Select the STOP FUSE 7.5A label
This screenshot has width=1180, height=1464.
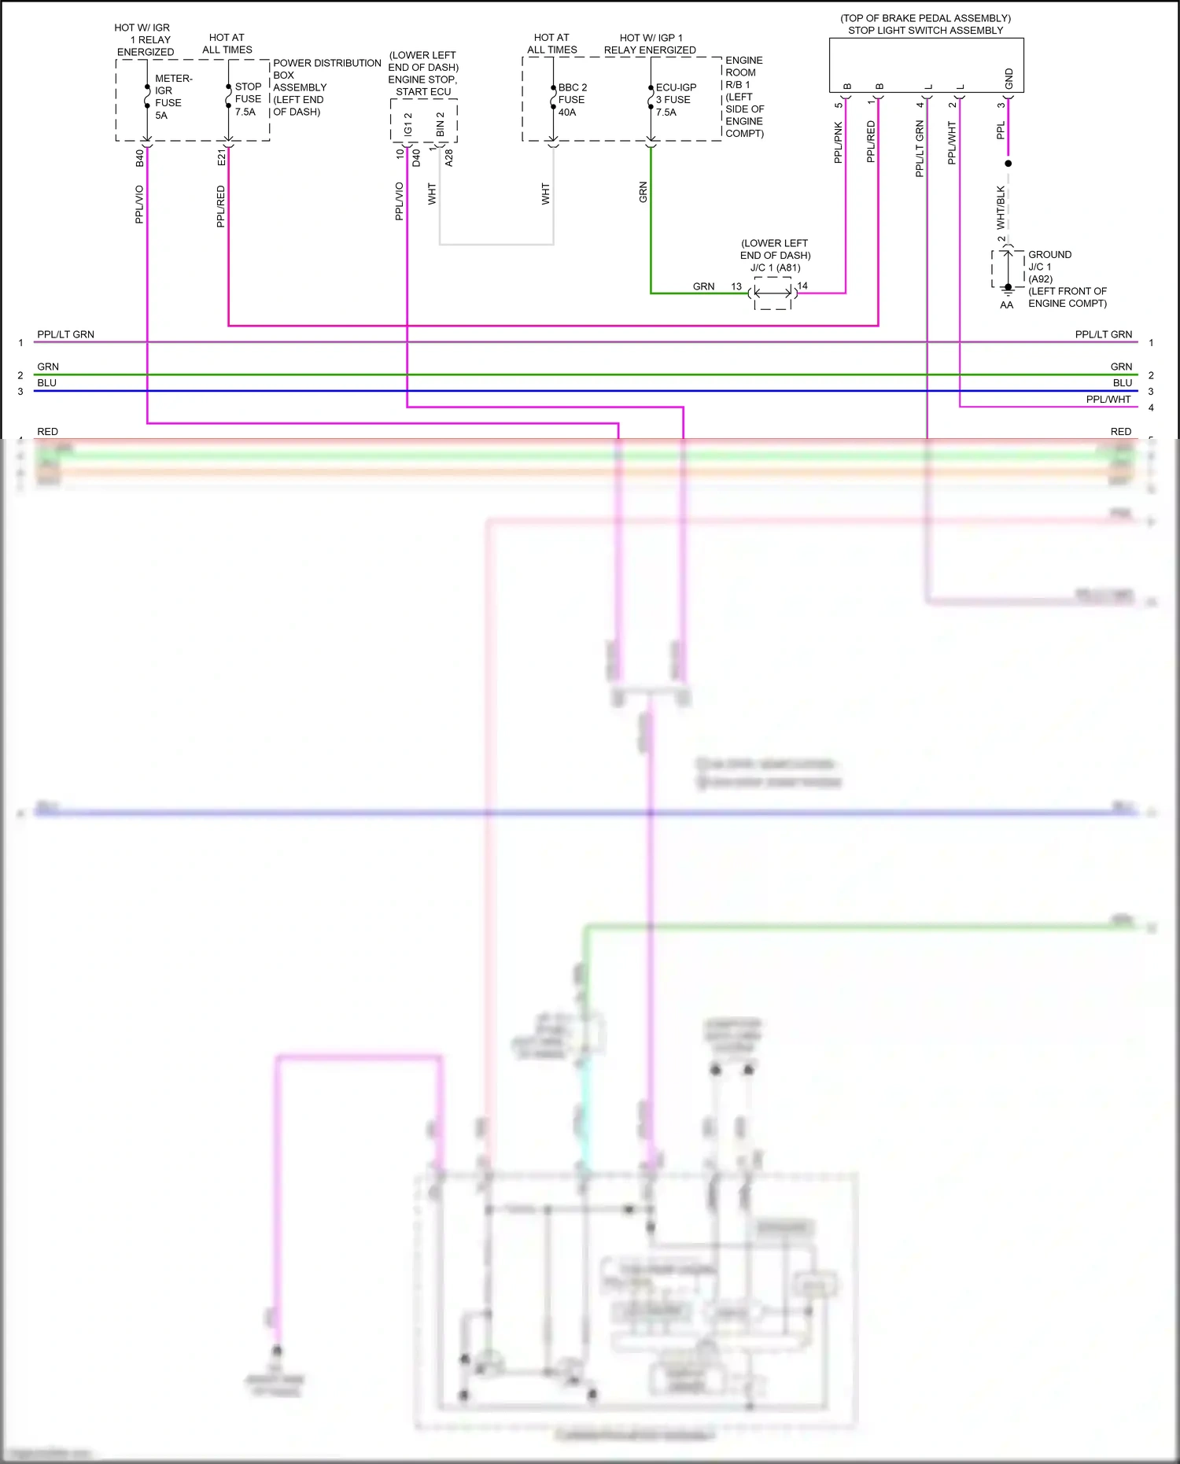click(248, 99)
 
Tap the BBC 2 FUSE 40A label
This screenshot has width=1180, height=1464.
click(571, 100)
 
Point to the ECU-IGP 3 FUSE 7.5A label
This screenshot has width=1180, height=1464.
click(675, 100)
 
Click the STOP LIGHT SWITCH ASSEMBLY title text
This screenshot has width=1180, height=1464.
click(925, 30)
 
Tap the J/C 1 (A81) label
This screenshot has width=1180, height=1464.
click(775, 267)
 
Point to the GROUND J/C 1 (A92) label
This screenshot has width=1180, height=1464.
click(1049, 267)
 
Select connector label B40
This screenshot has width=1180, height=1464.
click(139, 157)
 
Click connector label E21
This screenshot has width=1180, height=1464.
click(221, 157)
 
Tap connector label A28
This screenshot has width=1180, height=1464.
click(449, 157)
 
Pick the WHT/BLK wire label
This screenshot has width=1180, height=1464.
click(1001, 207)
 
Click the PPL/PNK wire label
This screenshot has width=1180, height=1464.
click(838, 142)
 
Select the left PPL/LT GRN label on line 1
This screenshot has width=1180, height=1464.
click(65, 334)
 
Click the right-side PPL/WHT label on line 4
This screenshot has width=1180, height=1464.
click(1108, 400)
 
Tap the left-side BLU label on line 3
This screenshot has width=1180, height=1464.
click(46, 383)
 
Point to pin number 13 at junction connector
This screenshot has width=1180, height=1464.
click(736, 286)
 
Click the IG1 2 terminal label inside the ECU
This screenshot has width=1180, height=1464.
click(407, 124)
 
